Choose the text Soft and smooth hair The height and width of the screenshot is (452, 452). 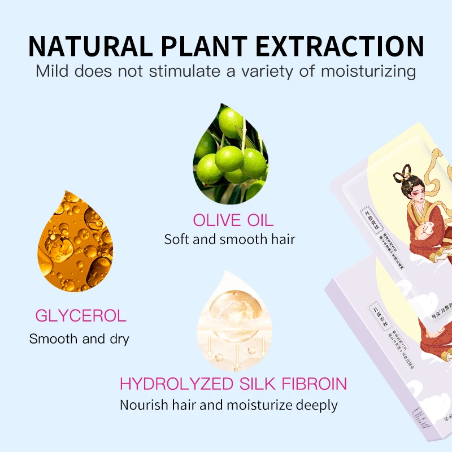pyautogui.click(x=229, y=239)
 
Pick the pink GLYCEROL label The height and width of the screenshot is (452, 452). pyautogui.click(x=81, y=315)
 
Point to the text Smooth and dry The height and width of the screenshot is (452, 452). pyautogui.click(x=79, y=339)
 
